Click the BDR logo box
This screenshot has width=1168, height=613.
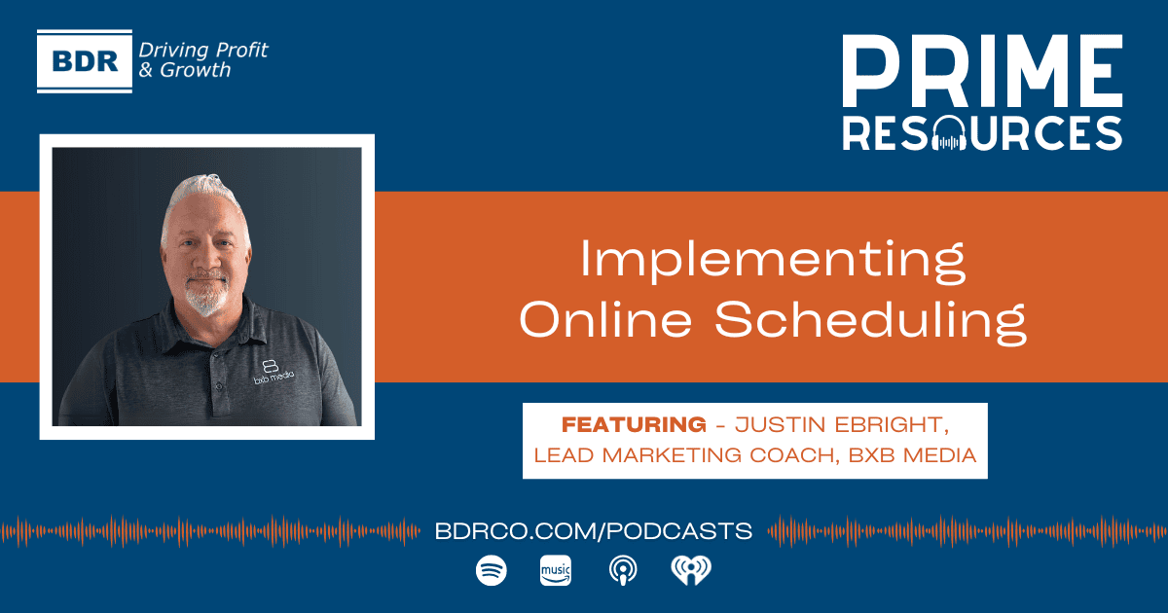click(x=84, y=60)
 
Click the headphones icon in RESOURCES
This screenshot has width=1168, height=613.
click(x=947, y=133)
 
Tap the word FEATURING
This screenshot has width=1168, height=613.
click(x=634, y=425)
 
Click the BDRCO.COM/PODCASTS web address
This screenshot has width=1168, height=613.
click(x=595, y=531)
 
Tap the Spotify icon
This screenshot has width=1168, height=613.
click(x=491, y=571)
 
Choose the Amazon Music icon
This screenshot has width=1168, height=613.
click(x=555, y=571)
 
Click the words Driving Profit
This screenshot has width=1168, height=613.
click(x=203, y=50)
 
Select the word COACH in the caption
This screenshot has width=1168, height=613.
click(x=777, y=455)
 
